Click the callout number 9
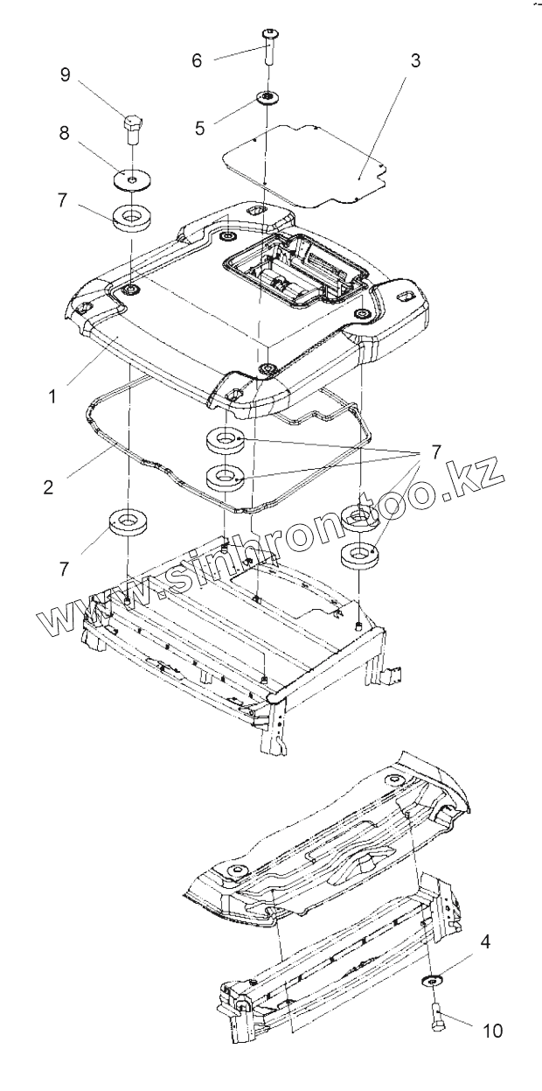click(x=65, y=74)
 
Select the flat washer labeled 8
click(x=130, y=179)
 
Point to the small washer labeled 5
click(x=263, y=97)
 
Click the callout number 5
click(x=201, y=127)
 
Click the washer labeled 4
click(x=429, y=978)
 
